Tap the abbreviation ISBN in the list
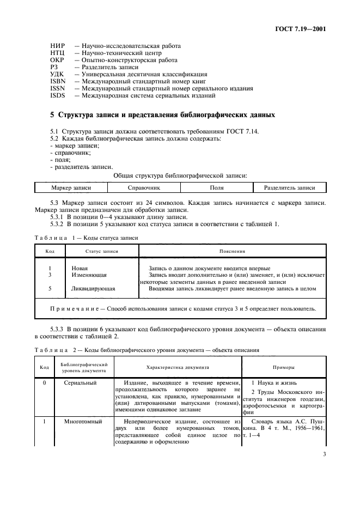pos(57,81)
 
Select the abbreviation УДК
pos(57,74)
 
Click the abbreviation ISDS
pos(57,95)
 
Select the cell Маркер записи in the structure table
pos(71,187)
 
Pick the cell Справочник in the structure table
pos(144,187)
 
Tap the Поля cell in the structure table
pos(217,187)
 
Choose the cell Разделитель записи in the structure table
pos(290,187)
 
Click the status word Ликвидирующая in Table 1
pos(93,288)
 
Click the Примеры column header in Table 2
pos(283,367)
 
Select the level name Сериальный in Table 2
pos(81,383)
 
